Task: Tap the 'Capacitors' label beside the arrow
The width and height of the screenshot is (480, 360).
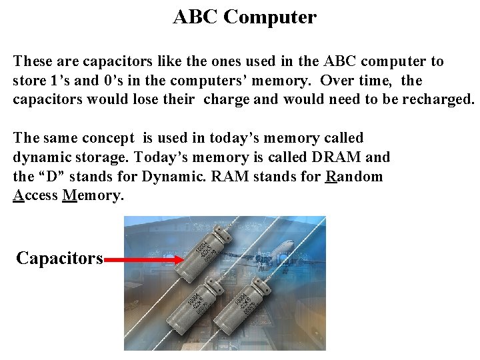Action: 59,259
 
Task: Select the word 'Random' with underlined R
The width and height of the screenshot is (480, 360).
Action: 355,177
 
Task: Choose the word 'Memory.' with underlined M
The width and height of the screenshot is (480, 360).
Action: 93,196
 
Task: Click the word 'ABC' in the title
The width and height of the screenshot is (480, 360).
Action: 195,17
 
